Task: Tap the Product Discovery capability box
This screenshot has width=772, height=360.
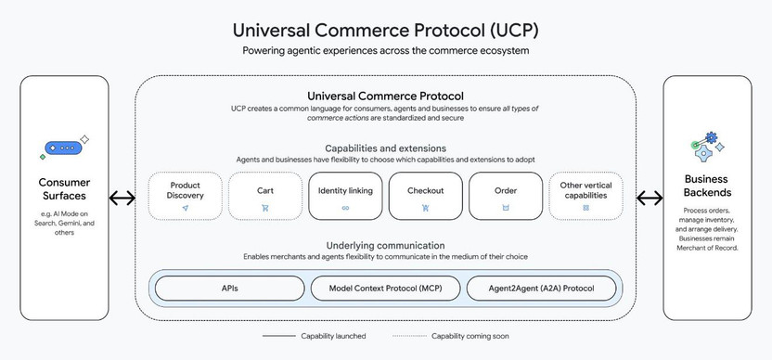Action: click(186, 196)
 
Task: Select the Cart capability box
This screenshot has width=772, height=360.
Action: click(265, 196)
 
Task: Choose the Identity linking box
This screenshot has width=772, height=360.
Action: click(345, 196)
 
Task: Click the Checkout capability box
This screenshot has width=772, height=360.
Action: click(425, 196)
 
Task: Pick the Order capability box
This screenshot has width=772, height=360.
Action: click(506, 196)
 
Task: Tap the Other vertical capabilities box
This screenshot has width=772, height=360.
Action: click(585, 196)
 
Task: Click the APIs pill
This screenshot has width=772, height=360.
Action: click(228, 289)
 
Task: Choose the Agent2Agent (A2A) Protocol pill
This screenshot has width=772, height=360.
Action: click(541, 289)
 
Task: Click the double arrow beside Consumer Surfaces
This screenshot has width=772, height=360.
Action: click(122, 198)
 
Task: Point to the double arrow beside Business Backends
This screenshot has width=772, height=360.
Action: click(649, 198)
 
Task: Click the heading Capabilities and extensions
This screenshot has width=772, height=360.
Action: click(385, 148)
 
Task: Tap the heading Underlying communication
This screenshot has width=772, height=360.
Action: click(385, 244)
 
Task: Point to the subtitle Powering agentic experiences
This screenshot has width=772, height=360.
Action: click(385, 51)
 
